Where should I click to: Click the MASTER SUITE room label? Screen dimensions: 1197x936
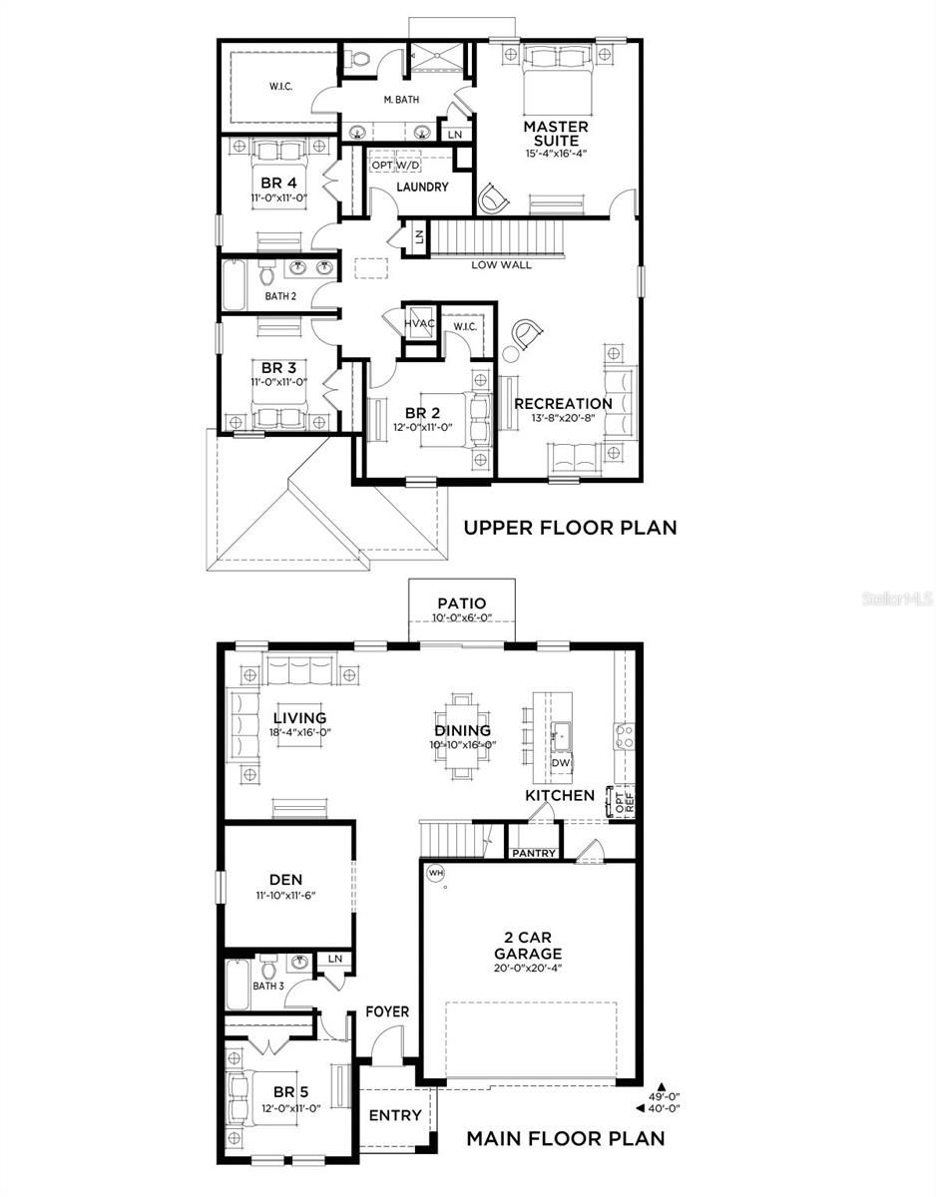pos(556,134)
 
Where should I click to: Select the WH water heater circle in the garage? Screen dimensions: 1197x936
pos(435,873)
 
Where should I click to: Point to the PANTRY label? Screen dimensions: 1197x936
pos(534,853)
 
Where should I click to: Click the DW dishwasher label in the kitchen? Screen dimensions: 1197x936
pos(560,763)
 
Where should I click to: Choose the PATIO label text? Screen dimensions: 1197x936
pos(461,603)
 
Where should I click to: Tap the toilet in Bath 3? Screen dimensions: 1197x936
pos(267,967)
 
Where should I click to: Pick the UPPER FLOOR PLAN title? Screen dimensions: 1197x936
pos(570,527)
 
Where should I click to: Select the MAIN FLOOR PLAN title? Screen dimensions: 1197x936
pos(566,1137)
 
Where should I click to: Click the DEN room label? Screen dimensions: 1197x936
pos(285,879)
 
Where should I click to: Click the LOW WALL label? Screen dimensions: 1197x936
pos(501,264)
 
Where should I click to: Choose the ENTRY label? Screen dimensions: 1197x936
pos(395,1115)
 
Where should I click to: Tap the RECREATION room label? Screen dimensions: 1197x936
pos(563,403)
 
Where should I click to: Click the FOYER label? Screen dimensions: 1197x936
pos(386,1011)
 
